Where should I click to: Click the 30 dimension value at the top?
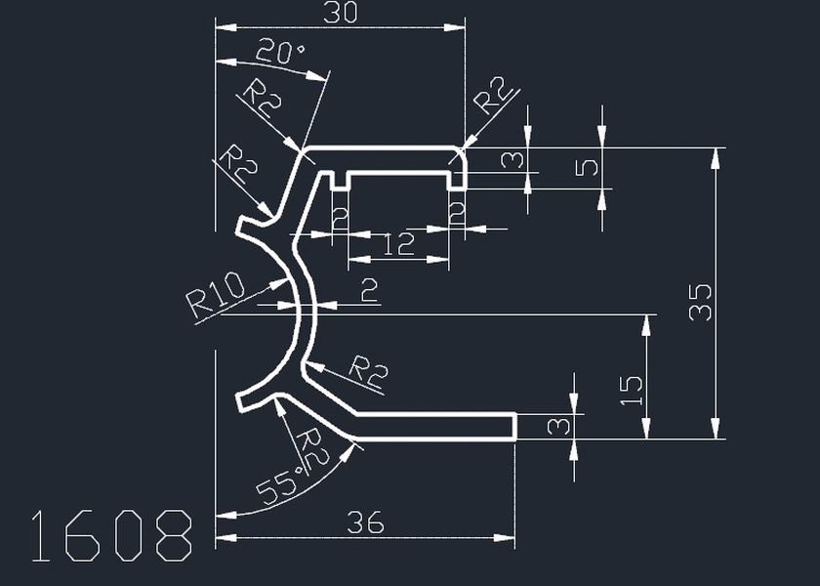point(339,13)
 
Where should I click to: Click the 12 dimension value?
point(398,244)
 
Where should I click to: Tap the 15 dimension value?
point(632,391)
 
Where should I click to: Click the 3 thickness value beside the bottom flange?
point(557,427)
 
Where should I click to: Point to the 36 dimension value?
point(366,523)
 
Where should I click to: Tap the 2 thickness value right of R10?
point(369,290)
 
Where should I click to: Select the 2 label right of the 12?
point(456,213)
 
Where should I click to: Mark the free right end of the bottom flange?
point(514,427)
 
